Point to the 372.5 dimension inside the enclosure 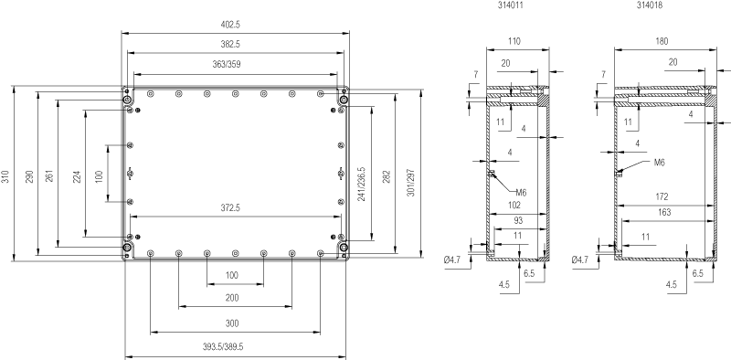(230, 208)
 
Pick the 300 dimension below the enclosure (232, 323)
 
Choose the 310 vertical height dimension (5, 176)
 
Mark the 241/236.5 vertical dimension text (361, 185)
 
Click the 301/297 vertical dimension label (410, 183)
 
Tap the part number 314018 (650, 5)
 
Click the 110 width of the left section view (514, 41)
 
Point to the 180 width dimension (662, 41)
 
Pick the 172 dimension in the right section (662, 197)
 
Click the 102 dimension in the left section (514, 206)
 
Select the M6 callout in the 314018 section (659, 163)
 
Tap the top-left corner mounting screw (127, 101)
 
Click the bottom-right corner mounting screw (344, 247)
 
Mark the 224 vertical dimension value (78, 176)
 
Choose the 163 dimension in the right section (664, 213)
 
